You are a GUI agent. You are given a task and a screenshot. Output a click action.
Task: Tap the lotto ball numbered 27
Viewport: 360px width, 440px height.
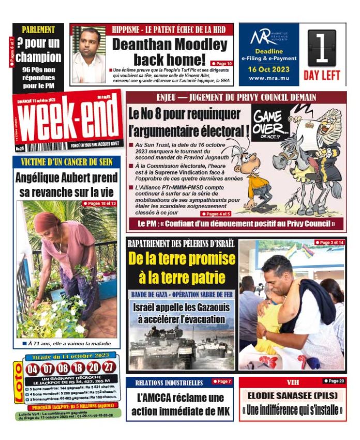coord(109,368)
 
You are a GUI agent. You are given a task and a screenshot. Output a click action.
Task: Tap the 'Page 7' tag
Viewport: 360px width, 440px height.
coord(222,382)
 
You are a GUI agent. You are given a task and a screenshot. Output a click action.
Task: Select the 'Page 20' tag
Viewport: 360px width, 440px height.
coord(334,381)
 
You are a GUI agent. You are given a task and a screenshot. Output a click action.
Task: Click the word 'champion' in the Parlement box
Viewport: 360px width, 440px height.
coord(38,57)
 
